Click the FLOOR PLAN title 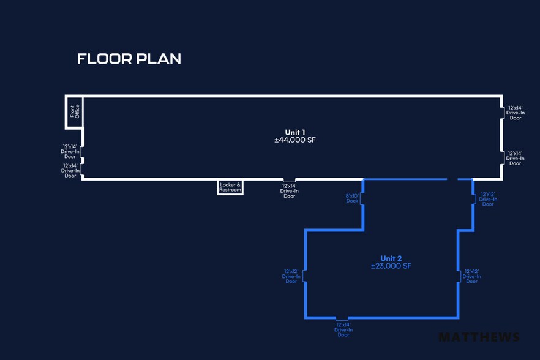(129, 59)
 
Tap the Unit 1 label (295, 132)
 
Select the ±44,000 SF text (295, 140)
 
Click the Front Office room (75, 112)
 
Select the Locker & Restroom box (230, 187)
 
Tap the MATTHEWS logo (479, 337)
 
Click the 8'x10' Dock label (352, 198)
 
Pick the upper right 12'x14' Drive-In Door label (515, 113)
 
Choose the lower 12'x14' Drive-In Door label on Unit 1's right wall (515, 159)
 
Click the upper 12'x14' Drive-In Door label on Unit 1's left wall (70, 151)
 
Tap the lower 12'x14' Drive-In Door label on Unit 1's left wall (70, 170)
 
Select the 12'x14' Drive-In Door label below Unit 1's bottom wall (289, 190)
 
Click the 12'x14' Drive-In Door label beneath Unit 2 (343, 331)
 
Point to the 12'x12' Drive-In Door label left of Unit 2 (291, 276)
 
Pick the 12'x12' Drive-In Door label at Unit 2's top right (488, 199)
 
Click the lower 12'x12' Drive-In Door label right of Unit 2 (471, 276)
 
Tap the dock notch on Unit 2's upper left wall (362, 198)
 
